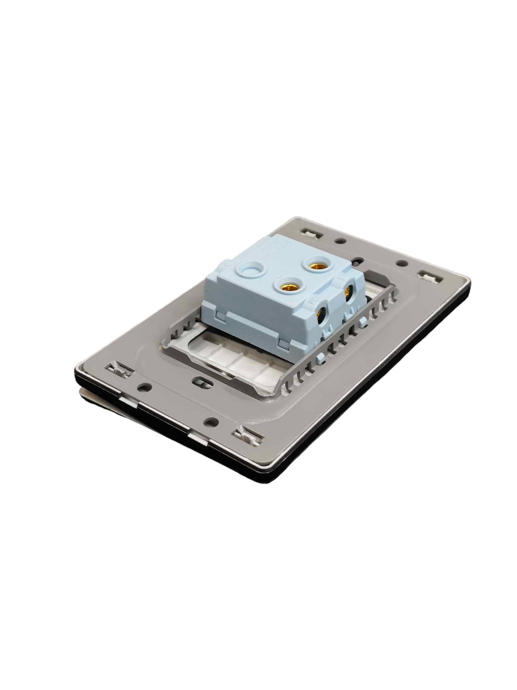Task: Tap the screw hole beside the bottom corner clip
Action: pos(211,421)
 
